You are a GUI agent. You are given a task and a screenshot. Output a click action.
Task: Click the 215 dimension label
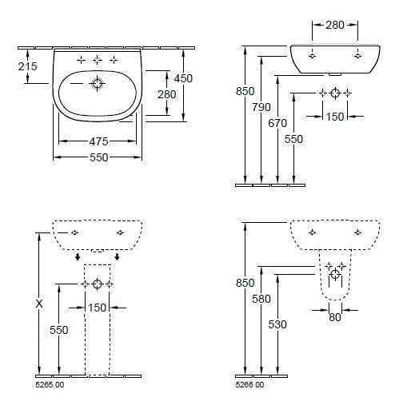point(28,66)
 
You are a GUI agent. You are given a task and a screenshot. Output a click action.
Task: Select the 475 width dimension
point(98,141)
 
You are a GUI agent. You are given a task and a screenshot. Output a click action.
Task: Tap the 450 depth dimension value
point(183,78)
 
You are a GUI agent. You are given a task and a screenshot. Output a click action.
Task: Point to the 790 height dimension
point(261,107)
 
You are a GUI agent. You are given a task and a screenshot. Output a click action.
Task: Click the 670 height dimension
point(277,123)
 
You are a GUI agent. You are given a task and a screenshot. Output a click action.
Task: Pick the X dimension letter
point(39,304)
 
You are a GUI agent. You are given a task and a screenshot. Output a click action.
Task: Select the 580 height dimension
point(261,299)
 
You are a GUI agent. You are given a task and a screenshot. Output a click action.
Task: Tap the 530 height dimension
point(277,324)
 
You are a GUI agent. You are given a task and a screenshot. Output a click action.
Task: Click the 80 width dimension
point(335,317)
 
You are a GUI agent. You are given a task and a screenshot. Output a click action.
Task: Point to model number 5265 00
point(50,385)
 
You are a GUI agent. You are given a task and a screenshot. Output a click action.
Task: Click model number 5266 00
point(249,385)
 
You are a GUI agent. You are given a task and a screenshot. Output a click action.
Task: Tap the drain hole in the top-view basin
point(97,84)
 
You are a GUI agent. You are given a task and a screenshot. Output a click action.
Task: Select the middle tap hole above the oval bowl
point(98,60)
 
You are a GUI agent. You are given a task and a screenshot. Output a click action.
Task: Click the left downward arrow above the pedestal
point(78,257)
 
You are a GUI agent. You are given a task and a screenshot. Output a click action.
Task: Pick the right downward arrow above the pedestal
point(117,257)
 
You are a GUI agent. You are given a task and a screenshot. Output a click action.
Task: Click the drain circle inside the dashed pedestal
point(97,284)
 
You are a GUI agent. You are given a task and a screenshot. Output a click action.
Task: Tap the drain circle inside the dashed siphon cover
point(335,274)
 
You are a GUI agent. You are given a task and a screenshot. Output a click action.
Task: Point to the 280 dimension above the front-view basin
point(335,25)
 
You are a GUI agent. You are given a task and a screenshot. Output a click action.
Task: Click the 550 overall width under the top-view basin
point(99,157)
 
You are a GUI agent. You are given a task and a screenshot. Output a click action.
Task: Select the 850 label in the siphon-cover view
point(245,283)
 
